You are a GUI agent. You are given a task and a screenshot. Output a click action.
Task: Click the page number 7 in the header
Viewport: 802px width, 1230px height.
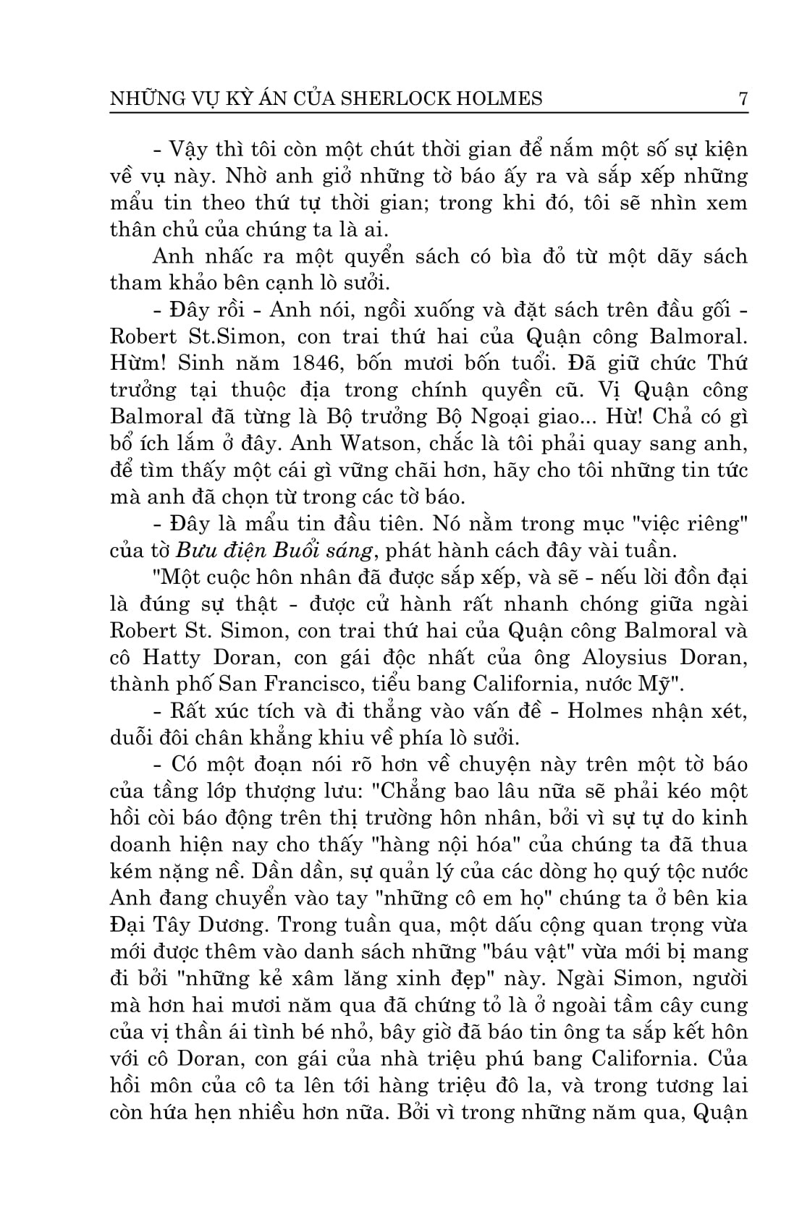pos(742,98)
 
